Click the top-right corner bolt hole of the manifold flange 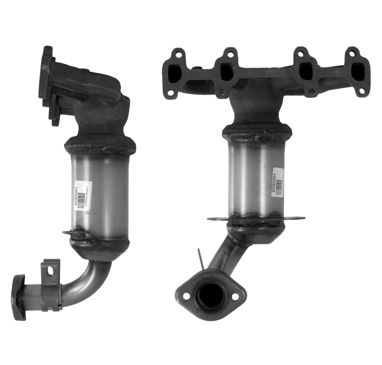352,53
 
